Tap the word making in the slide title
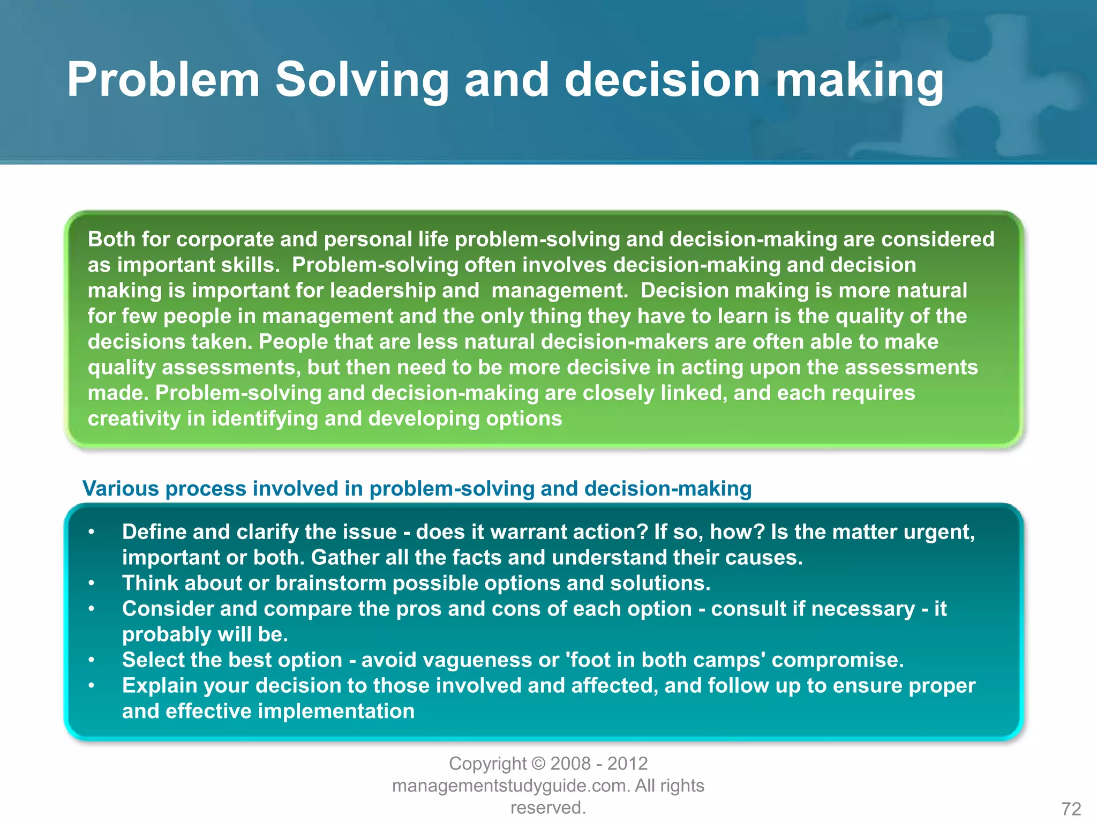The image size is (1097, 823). coord(859,80)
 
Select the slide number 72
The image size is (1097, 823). coord(1071,809)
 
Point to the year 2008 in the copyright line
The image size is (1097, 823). coord(570,764)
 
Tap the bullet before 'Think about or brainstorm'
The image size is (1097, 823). coord(92,583)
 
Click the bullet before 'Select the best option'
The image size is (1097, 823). coord(92,660)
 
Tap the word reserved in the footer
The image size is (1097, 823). coord(547,807)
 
